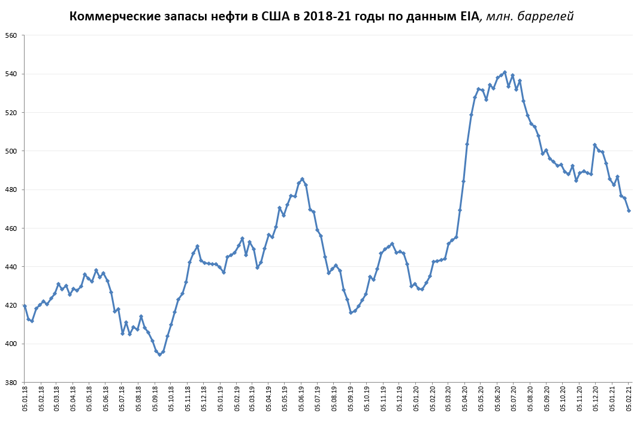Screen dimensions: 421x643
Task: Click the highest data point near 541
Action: [505, 72]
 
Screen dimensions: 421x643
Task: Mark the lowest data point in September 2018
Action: [159, 354]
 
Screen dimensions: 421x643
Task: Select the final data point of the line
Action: [629, 210]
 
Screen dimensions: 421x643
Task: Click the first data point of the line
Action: [25, 306]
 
